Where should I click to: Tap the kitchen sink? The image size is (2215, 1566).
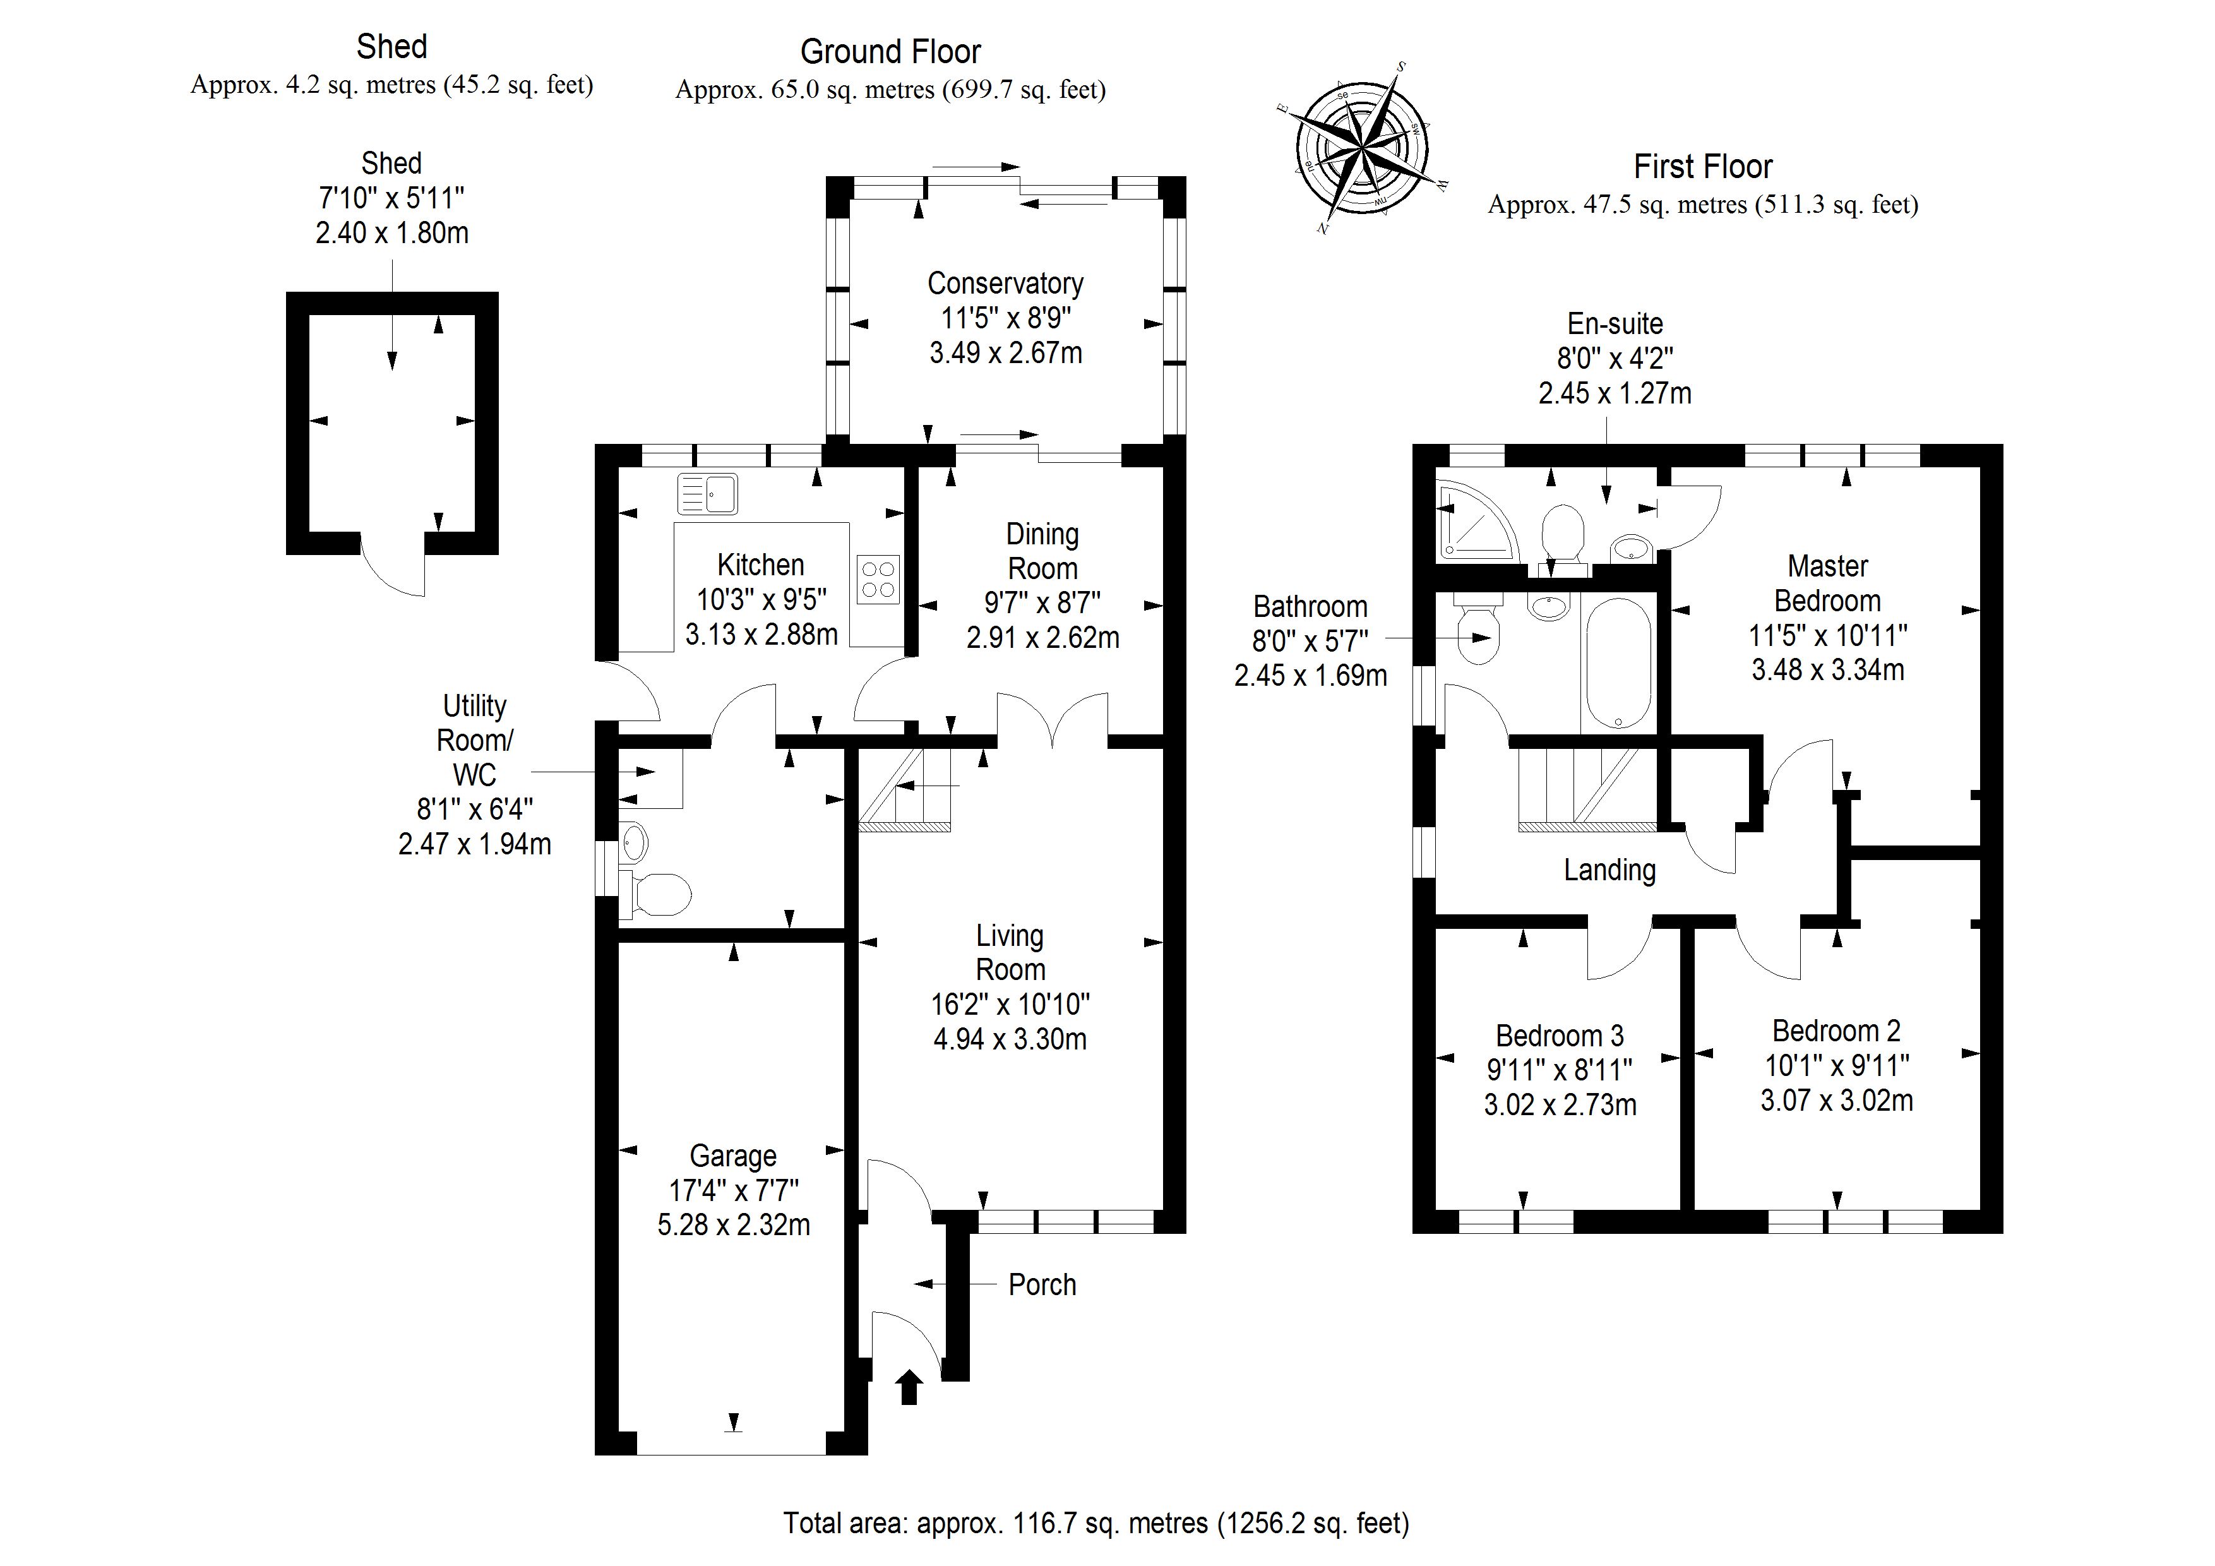click(x=707, y=493)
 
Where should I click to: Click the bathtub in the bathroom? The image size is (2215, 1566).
click(x=1618, y=664)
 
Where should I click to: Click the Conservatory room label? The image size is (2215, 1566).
click(x=1005, y=283)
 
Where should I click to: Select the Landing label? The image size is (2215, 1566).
click(x=1609, y=870)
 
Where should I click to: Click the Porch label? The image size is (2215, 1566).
click(x=1042, y=1284)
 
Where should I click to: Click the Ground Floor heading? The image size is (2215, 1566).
click(x=890, y=51)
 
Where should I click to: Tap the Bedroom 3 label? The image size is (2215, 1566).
click(x=1559, y=1036)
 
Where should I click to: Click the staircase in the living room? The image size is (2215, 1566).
click(x=905, y=791)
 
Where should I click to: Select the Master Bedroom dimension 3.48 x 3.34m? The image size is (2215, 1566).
click(x=1827, y=669)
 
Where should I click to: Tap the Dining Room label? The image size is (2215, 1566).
click(x=1042, y=551)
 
